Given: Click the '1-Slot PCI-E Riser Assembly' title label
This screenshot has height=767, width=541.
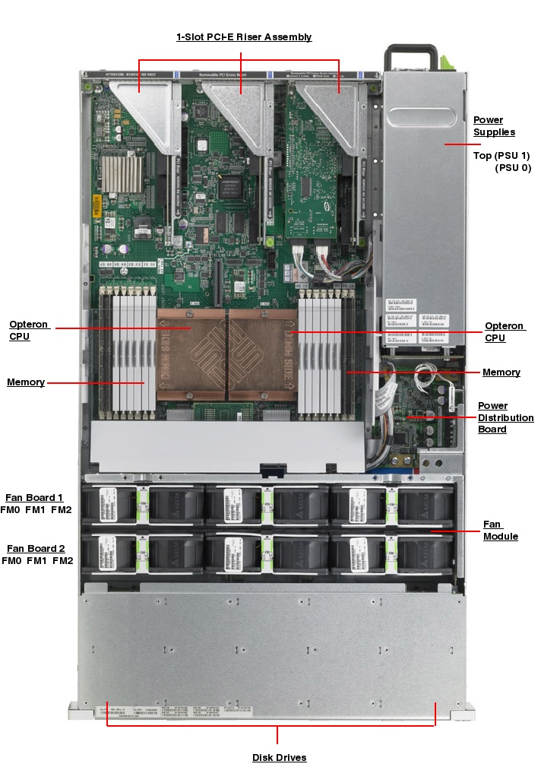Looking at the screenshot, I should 244,36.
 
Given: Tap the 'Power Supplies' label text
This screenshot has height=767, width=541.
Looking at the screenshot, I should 494,126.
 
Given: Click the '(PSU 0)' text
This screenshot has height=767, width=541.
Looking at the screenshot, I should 513,168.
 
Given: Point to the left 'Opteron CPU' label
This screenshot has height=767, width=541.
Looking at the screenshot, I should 29,331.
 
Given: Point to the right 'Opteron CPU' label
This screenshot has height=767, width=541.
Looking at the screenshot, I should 505,331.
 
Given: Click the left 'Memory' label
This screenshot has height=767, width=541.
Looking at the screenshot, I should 26,382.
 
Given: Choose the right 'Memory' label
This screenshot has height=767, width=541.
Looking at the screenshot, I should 501,372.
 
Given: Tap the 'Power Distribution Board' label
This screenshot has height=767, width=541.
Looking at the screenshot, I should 505,417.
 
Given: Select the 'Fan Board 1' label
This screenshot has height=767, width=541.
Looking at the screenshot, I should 34,497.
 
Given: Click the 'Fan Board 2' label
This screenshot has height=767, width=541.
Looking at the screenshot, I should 36,548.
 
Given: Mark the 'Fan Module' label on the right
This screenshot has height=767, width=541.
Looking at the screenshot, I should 501,530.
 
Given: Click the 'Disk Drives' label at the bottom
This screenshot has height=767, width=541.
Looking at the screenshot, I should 279,757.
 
